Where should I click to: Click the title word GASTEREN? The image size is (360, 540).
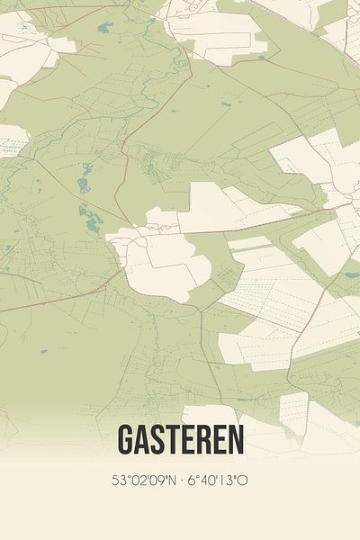[x=180, y=440]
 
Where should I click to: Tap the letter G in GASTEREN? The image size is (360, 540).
[x=125, y=440]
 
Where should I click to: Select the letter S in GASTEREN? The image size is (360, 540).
[x=157, y=440]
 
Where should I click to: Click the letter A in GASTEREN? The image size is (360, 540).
[x=141, y=440]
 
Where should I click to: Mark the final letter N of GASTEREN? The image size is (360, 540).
[x=235, y=440]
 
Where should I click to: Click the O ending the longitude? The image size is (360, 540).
[x=243, y=481]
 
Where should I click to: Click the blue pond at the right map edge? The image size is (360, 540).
[x=352, y=274]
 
